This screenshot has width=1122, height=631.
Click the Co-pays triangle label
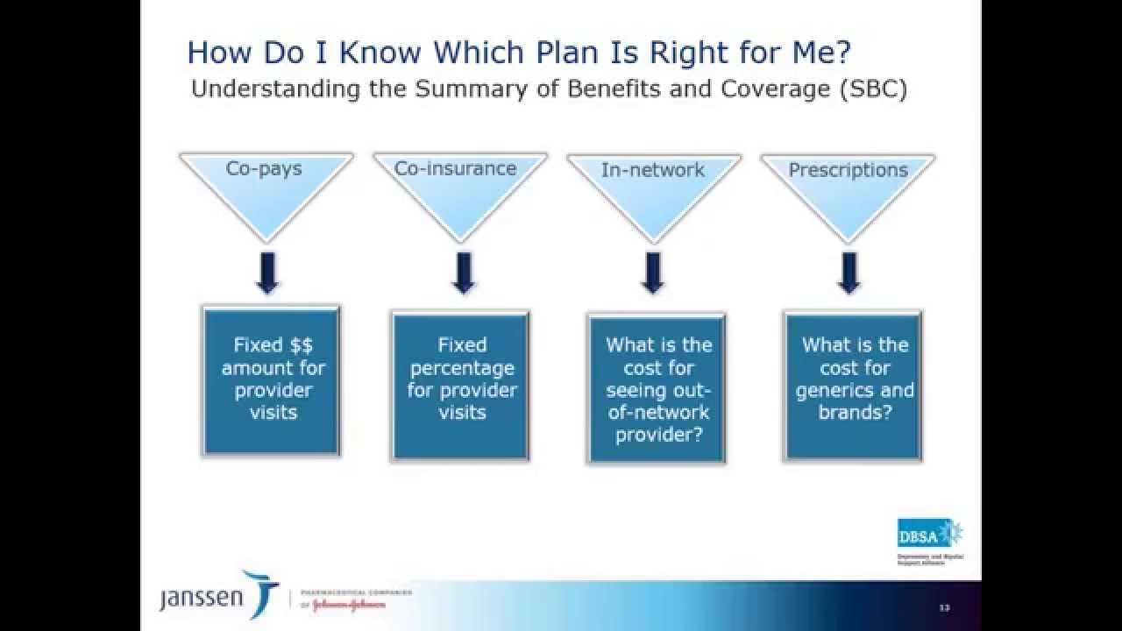pyautogui.click(x=264, y=168)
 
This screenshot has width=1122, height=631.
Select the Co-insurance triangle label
pyautogui.click(x=455, y=168)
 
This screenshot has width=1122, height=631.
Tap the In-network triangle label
pyautogui.click(x=652, y=170)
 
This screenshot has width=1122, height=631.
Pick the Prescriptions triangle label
pyautogui.click(x=848, y=170)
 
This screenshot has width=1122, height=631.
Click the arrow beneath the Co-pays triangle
pyautogui.click(x=267, y=273)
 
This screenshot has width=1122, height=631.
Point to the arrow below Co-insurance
pyautogui.click(x=463, y=273)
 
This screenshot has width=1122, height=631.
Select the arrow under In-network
pyautogui.click(x=651, y=273)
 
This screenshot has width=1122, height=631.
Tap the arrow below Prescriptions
pyautogui.click(x=848, y=273)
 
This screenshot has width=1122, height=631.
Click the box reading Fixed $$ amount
pyautogui.click(x=272, y=380)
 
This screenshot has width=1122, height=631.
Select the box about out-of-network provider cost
pyautogui.click(x=657, y=387)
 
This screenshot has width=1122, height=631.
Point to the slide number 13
pyautogui.click(x=944, y=607)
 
